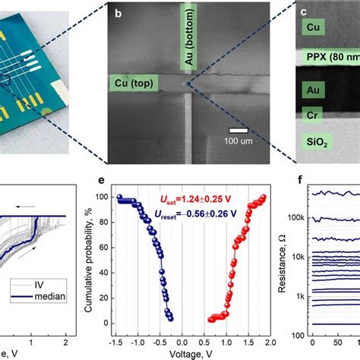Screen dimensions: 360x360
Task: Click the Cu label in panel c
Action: coord(312,27)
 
